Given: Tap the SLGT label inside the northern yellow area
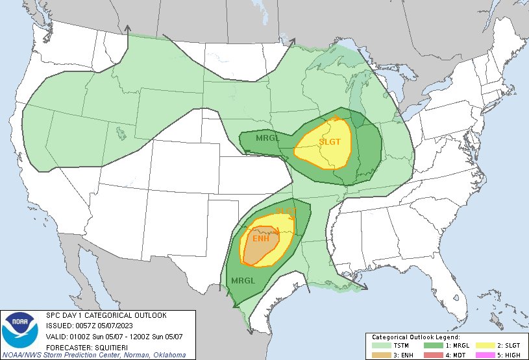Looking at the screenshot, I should point(330,141).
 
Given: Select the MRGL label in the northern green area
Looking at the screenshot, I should point(267,139).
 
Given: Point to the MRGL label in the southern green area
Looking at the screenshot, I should point(242,280).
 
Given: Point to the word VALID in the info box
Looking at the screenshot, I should point(56,335).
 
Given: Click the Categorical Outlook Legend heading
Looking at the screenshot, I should point(415,338).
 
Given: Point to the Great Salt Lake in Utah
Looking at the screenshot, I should point(121,133).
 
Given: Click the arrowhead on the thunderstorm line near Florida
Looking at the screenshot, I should point(365,286).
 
